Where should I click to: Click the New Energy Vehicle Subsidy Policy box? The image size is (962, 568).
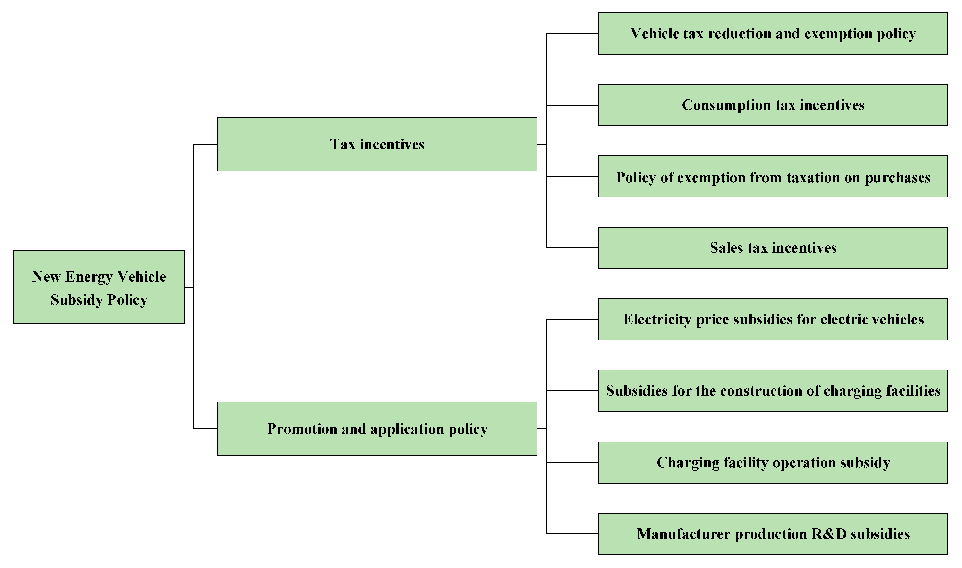click(x=99, y=288)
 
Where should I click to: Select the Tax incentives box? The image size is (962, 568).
click(x=377, y=144)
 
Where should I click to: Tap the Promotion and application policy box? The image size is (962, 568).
click(x=377, y=429)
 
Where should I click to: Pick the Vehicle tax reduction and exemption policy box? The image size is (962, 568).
click(x=773, y=34)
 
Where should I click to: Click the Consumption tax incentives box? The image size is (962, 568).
click(x=773, y=105)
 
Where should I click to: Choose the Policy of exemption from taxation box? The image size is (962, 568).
click(x=773, y=177)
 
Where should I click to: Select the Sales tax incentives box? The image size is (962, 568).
click(x=773, y=248)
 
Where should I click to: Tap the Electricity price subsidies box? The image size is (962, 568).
click(x=773, y=319)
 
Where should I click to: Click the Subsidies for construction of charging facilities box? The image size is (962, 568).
click(x=773, y=391)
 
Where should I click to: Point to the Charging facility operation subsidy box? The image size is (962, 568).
click(x=773, y=462)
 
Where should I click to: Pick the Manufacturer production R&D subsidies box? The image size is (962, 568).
click(x=773, y=534)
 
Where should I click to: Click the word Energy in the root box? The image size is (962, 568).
click(x=89, y=277)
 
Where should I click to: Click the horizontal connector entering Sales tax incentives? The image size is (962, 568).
click(x=572, y=248)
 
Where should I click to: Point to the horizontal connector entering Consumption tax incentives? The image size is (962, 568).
click(x=572, y=105)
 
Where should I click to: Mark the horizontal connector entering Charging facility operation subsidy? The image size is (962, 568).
click(x=572, y=462)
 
